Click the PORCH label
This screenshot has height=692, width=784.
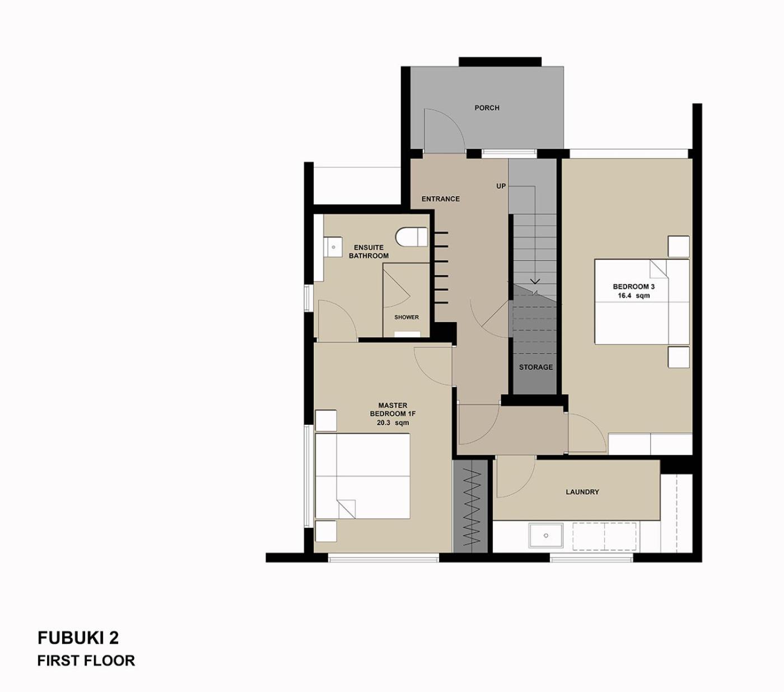click(x=487, y=108)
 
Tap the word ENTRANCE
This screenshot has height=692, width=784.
click(x=440, y=199)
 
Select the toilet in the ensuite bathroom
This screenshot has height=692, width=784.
click(x=412, y=236)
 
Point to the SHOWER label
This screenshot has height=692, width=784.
click(x=407, y=317)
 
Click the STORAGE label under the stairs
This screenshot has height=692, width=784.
click(x=535, y=367)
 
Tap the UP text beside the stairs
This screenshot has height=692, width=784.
click(x=501, y=186)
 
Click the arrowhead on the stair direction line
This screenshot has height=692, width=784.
click(x=535, y=281)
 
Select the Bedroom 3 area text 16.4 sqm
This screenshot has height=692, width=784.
click(x=633, y=295)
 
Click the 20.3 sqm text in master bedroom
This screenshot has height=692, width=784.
click(x=393, y=422)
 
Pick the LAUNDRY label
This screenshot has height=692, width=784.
click(x=582, y=492)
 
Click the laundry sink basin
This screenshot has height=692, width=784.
click(x=546, y=536)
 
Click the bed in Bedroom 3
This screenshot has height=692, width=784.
click(x=642, y=301)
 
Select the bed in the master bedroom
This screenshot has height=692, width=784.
click(x=362, y=476)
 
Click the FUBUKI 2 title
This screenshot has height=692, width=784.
click(x=78, y=638)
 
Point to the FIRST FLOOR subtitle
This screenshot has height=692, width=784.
click(x=86, y=660)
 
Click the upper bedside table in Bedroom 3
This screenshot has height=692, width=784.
click(x=679, y=247)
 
